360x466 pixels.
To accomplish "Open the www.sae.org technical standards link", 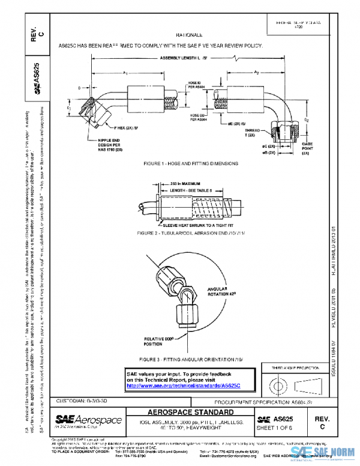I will [179, 386].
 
